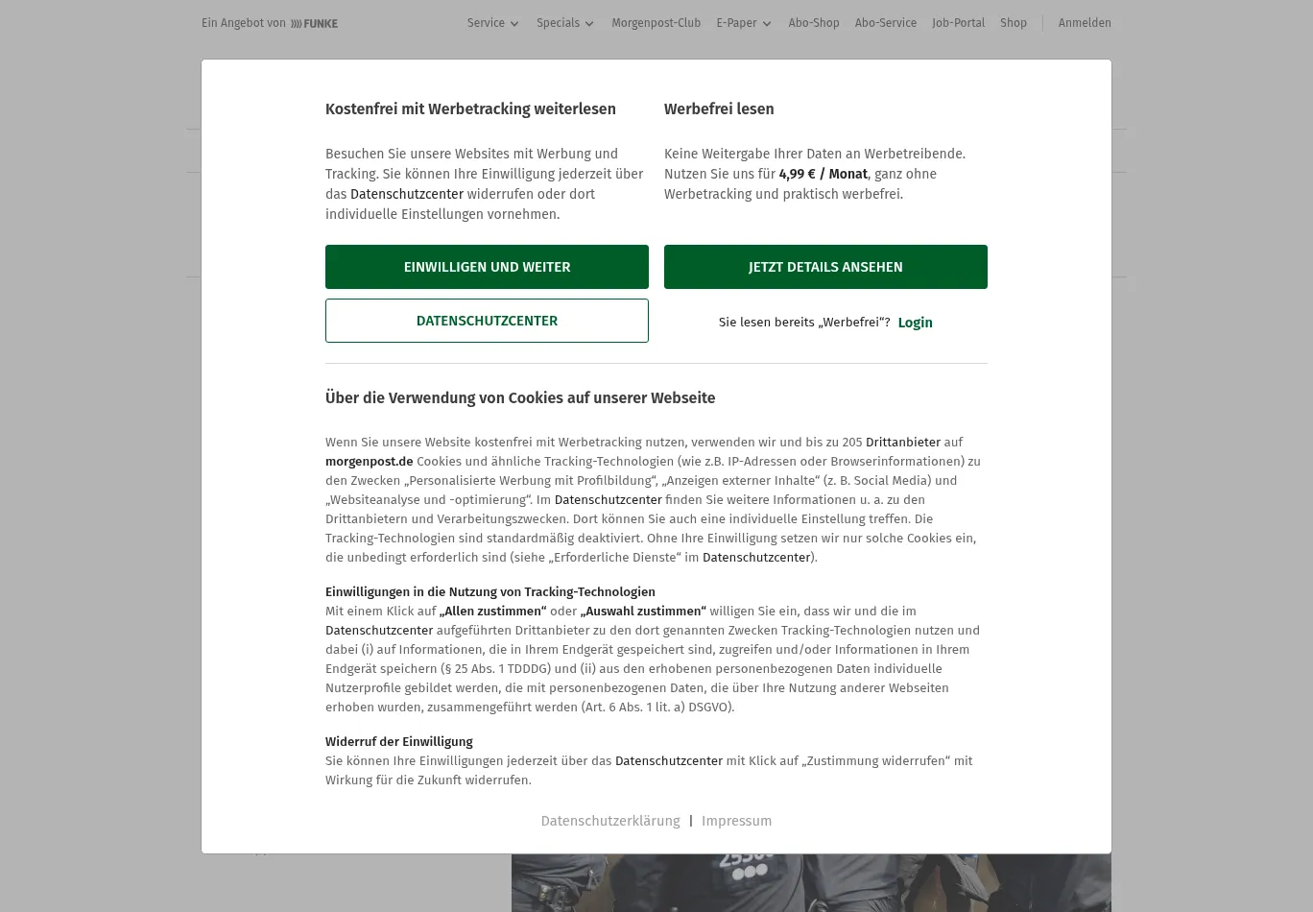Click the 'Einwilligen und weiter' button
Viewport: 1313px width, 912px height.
(487, 267)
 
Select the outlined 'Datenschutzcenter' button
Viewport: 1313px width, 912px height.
(487, 321)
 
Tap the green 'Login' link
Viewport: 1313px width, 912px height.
(915, 323)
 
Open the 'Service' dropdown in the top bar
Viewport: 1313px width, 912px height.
(492, 23)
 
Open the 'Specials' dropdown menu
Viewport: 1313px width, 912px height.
(564, 23)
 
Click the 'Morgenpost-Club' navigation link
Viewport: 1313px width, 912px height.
(656, 23)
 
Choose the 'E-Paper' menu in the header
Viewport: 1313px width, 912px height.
(743, 23)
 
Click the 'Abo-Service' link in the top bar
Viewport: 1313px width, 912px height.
(885, 23)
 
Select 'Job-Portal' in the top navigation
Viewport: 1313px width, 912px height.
(958, 23)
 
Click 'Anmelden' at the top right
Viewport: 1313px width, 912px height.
(1084, 23)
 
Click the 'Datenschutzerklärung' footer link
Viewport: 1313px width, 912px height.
(609, 821)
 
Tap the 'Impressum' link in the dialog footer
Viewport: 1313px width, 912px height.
(736, 821)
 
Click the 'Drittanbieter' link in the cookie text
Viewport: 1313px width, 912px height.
(902, 443)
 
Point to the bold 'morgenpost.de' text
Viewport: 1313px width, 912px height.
(369, 462)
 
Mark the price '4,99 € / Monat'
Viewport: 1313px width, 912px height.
(823, 174)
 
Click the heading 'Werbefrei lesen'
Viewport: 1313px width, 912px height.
(719, 109)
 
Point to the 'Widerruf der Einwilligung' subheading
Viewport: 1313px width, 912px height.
(398, 742)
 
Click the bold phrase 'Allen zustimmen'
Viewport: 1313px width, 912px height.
(492, 612)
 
